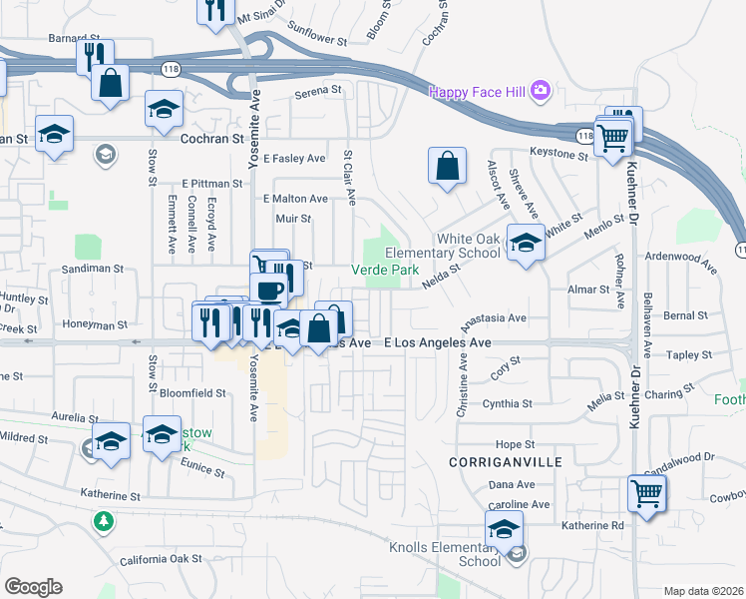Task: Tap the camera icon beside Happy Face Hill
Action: (x=541, y=91)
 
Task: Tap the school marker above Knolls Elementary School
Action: (x=505, y=530)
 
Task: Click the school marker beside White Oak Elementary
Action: (x=525, y=243)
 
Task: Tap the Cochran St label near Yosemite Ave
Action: (x=211, y=140)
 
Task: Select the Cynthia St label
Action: (x=508, y=404)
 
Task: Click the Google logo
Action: (x=33, y=586)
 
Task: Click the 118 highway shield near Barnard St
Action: (x=172, y=67)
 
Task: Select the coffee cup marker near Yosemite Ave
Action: (x=268, y=291)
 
